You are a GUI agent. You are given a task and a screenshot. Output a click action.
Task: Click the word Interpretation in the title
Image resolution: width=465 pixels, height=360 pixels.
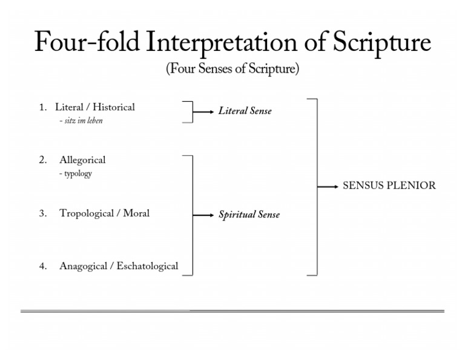(x=226, y=42)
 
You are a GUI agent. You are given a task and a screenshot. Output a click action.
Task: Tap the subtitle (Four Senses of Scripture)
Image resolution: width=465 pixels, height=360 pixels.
(x=232, y=69)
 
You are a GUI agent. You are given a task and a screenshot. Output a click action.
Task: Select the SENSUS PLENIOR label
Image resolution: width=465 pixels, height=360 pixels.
(x=389, y=186)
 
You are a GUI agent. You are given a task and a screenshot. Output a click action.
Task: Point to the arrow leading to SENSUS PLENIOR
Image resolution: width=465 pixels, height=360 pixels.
(x=328, y=187)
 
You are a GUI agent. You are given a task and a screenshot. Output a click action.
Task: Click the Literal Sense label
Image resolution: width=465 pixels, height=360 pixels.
(x=245, y=112)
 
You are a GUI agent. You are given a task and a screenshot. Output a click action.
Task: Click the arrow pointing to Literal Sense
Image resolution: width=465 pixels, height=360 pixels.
(x=204, y=112)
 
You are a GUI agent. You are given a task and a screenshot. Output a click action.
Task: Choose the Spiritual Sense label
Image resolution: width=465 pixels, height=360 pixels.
(x=249, y=215)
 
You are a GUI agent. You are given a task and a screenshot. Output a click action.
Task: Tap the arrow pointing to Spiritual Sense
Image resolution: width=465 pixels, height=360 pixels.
(x=204, y=215)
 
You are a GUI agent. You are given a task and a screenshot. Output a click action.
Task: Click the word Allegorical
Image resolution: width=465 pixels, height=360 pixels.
(x=82, y=160)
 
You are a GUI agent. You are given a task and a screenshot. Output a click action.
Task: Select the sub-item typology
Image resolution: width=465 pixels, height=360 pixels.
(x=77, y=174)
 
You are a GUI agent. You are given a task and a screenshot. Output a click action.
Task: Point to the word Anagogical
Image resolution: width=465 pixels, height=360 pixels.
(x=84, y=266)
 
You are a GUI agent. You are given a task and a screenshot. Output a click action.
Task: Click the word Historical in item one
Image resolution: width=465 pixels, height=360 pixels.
(x=114, y=107)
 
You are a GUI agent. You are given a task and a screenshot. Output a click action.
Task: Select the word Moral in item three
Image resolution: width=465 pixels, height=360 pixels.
(x=136, y=213)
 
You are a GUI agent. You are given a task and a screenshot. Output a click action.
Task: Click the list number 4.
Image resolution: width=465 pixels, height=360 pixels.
(x=42, y=266)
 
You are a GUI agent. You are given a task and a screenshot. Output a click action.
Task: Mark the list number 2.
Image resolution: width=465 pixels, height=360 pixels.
(x=42, y=160)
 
